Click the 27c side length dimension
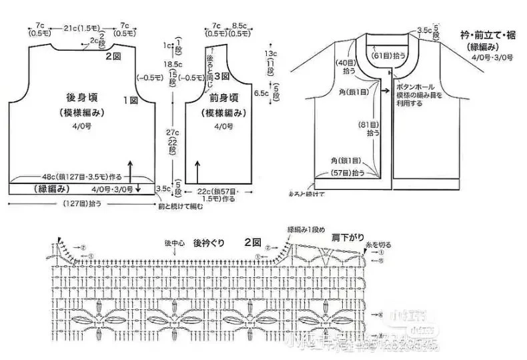pyautogui.click(x=173, y=133)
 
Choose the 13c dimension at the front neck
pyautogui.click(x=270, y=53)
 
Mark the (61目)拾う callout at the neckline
pyautogui.click(x=390, y=55)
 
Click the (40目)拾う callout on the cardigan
pyautogui.click(x=345, y=67)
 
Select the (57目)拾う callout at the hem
pyautogui.click(x=348, y=173)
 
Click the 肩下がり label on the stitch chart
pyautogui.click(x=348, y=238)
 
